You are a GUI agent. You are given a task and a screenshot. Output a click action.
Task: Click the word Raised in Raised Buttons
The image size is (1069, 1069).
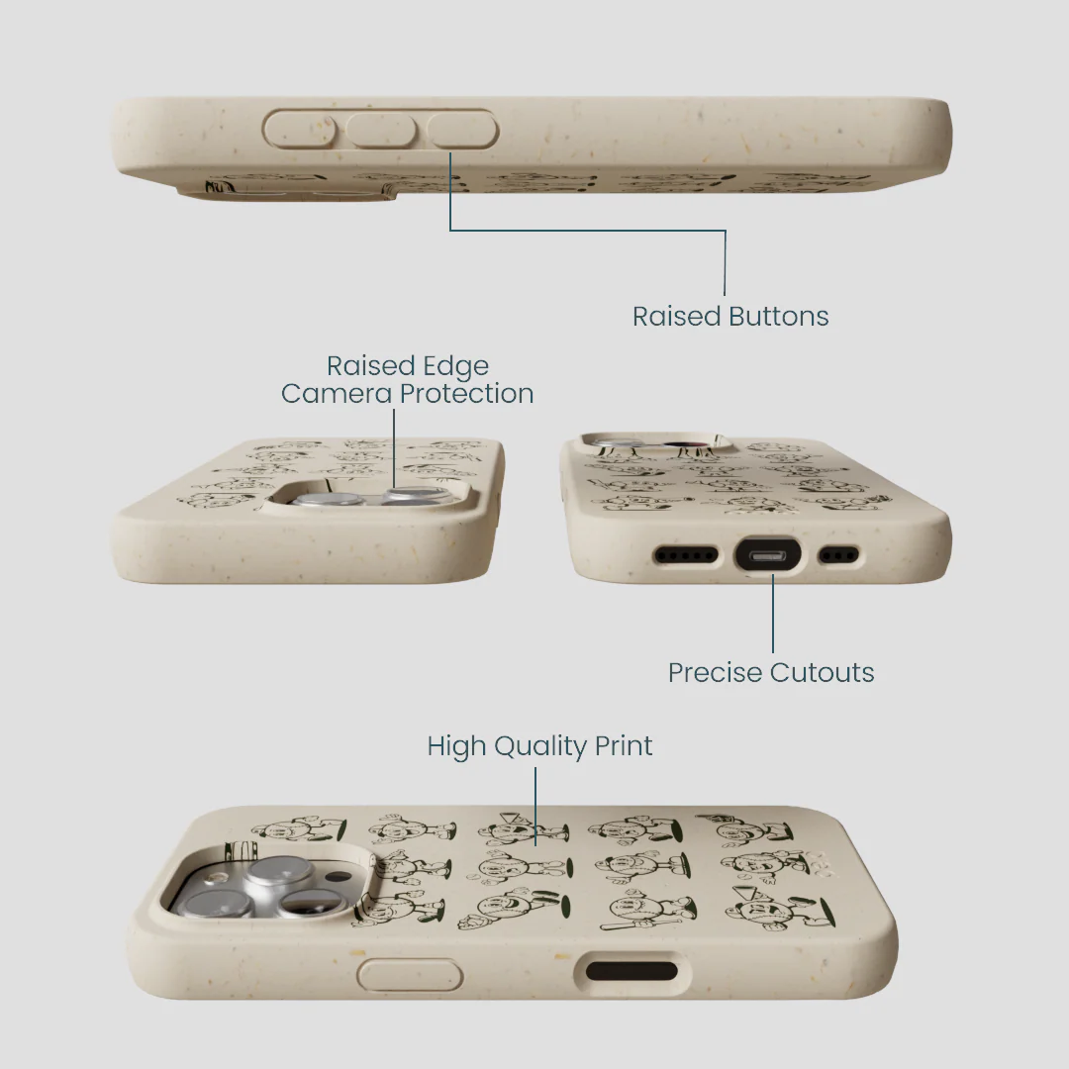pos(676,317)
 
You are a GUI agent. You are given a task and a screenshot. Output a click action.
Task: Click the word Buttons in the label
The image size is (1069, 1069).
pos(779,317)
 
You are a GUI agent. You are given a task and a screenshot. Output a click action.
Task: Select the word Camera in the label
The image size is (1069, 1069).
pos(337,393)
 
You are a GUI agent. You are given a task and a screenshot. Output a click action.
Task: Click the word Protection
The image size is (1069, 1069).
pos(466,393)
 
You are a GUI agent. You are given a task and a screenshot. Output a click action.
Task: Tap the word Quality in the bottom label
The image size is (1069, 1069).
pos(540,747)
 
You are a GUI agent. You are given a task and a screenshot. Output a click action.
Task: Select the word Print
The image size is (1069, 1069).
pos(624,746)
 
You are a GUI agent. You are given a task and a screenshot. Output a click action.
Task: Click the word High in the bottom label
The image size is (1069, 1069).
pos(456,747)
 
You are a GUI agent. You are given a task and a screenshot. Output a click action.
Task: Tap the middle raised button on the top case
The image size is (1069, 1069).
pos(381,130)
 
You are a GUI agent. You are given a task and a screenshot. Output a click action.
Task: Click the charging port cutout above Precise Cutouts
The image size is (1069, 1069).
pos(768,555)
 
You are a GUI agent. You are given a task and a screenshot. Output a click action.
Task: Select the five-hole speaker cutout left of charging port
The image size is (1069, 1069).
pos(686,555)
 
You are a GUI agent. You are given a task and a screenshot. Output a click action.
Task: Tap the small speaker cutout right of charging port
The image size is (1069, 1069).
pos(838,555)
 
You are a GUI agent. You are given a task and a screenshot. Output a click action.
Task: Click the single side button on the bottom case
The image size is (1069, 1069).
pos(410,974)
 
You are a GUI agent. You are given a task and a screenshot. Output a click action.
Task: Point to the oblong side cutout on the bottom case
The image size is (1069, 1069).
pos(632,971)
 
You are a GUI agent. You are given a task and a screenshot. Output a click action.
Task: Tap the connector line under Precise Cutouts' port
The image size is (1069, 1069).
pos(773,614)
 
